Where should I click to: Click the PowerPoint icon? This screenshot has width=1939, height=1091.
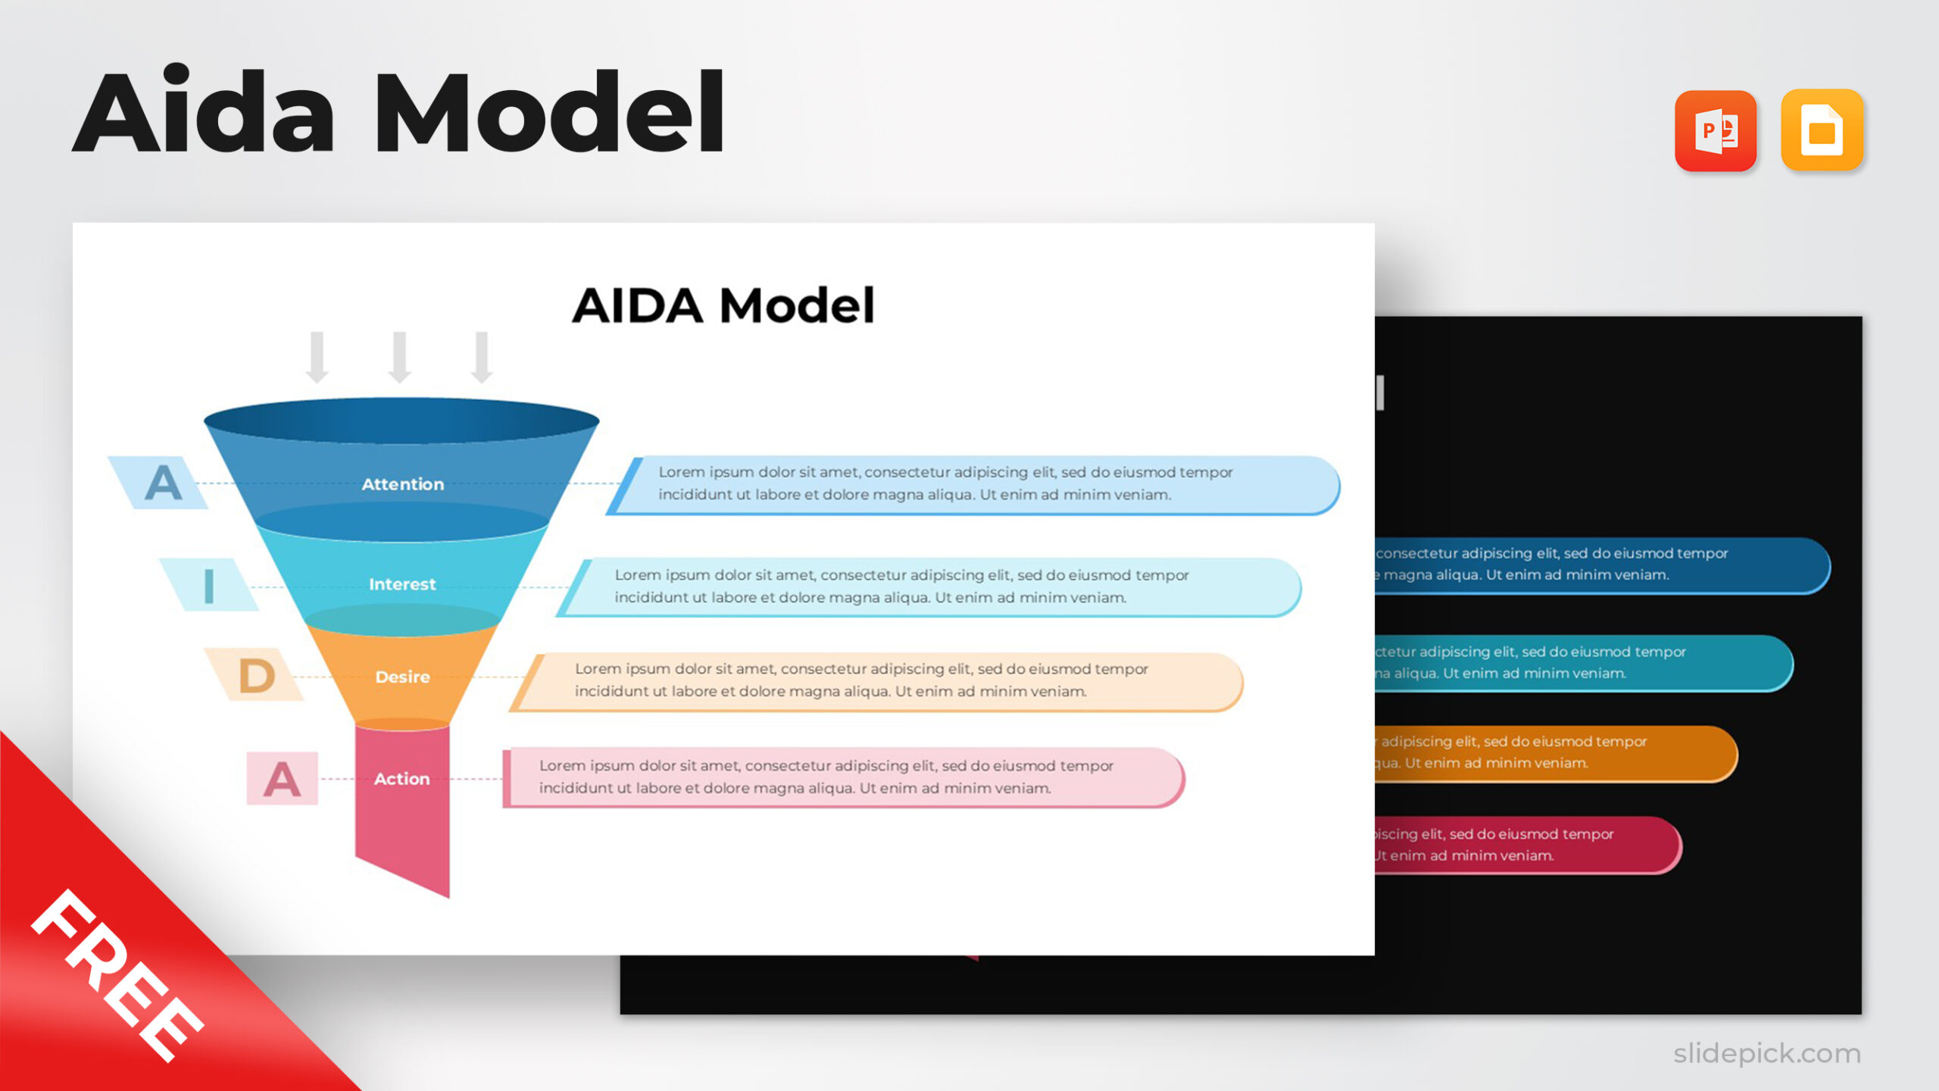click(1715, 131)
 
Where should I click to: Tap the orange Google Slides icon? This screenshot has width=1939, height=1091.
click(1822, 130)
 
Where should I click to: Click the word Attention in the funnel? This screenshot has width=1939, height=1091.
click(402, 484)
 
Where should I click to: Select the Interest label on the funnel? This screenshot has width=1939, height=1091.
click(402, 584)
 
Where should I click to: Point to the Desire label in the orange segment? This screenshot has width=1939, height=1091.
click(402, 677)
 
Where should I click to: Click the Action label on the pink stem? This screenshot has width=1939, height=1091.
click(401, 779)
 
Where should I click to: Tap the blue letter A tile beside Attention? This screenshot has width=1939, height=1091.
click(161, 483)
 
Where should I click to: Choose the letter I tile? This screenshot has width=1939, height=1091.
click(208, 585)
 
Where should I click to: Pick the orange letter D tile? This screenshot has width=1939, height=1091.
click(256, 675)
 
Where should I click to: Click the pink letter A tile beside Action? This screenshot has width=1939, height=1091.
click(282, 779)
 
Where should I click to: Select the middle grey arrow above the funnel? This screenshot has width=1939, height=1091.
click(399, 357)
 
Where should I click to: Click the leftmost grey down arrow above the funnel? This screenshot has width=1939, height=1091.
click(317, 357)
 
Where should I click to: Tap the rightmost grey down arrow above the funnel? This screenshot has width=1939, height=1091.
click(482, 357)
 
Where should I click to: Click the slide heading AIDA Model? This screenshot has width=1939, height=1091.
click(723, 306)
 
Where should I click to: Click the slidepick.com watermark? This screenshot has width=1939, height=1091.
click(1766, 1053)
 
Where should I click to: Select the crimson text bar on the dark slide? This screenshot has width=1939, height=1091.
click(1522, 844)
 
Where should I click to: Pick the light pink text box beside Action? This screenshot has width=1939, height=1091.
click(841, 777)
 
